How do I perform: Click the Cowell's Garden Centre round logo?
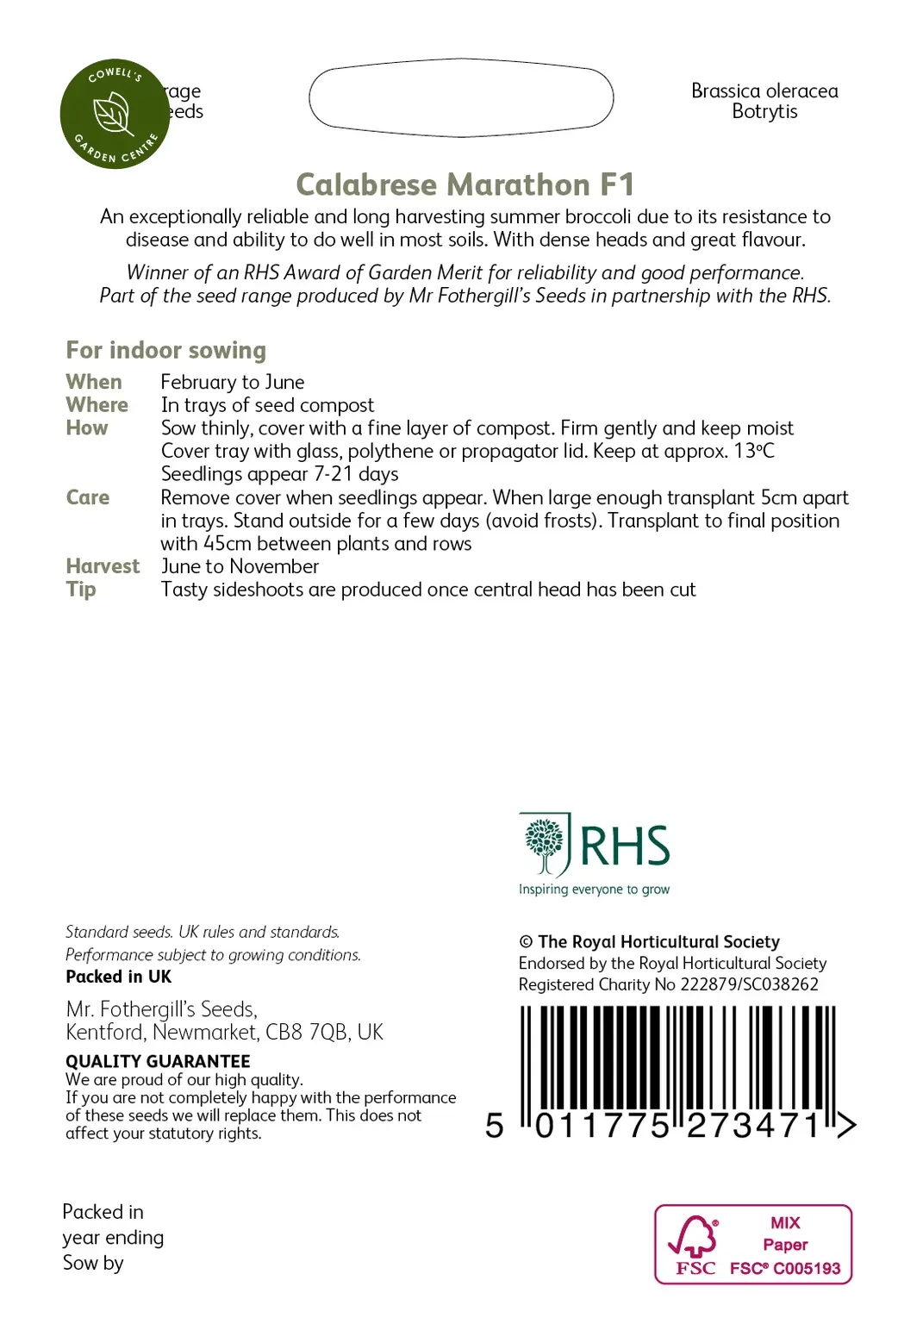point(115,114)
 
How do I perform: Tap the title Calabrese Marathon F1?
point(465,184)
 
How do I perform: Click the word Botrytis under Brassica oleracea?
point(764,112)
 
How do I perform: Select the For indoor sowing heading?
point(165,350)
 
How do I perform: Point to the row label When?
point(94,382)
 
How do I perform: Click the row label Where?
point(97,405)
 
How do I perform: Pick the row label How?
point(87,428)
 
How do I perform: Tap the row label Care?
point(88,497)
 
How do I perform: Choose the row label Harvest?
point(103,566)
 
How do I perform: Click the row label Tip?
point(81,590)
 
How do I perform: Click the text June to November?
point(240,566)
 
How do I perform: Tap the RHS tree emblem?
point(545,844)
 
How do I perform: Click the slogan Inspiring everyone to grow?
point(594,890)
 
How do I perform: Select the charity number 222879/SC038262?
point(749,984)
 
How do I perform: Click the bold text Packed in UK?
point(118,977)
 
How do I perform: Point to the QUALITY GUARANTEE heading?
point(158,1061)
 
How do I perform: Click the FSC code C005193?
point(807,1268)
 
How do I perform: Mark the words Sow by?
point(93,1263)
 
